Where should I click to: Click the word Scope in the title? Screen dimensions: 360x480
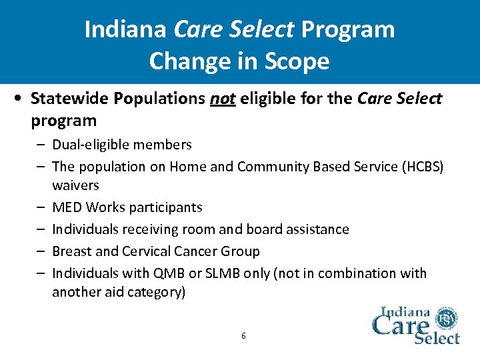point(297,61)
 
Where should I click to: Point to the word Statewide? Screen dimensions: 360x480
point(69,99)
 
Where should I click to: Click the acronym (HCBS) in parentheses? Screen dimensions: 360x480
point(421,167)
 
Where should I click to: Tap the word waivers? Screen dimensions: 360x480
point(75,185)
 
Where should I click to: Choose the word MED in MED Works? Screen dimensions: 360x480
point(66,207)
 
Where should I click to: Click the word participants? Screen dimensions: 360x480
point(168,207)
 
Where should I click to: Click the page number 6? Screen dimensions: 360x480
point(243,335)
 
